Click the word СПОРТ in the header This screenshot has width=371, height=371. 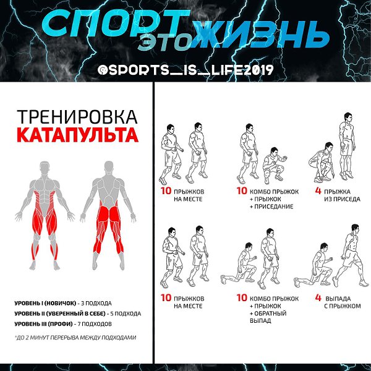pos(116,23)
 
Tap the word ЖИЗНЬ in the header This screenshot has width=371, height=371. pos(260,34)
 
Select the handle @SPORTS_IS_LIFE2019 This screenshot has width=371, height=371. pos(185,70)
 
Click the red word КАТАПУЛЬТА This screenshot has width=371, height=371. pos(77,135)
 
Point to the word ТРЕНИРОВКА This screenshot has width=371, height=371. pos(77,117)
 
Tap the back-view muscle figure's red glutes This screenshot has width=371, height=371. pos(109,214)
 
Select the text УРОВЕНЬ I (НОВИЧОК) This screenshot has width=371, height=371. pos(45,303)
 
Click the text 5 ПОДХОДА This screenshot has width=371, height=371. pos(126,313)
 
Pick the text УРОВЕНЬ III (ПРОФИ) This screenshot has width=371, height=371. pos(43,323)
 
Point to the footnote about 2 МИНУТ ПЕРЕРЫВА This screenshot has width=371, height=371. pos(75,338)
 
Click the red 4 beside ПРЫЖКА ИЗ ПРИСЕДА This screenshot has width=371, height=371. pos(318,190)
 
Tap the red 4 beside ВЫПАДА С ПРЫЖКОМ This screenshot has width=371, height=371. pos(318,297)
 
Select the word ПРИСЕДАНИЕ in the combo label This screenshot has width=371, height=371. pos(274,207)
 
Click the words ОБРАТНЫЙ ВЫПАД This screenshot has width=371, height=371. pos(268,317)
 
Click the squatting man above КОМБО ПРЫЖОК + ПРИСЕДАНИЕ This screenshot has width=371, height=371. pos(274,166)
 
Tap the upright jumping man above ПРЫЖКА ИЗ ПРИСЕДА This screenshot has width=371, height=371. pos(347,146)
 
